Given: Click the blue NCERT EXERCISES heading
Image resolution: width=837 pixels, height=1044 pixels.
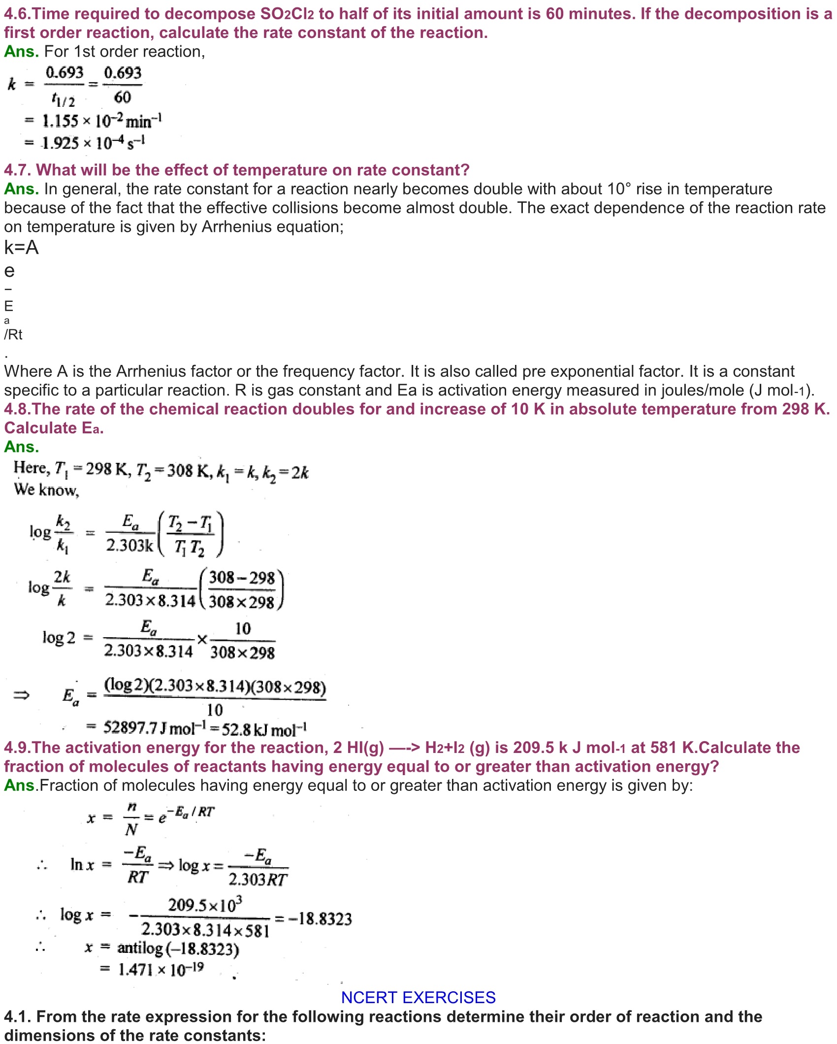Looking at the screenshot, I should click(x=418, y=997).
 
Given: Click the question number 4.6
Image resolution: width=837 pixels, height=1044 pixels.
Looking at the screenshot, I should click(x=17, y=14).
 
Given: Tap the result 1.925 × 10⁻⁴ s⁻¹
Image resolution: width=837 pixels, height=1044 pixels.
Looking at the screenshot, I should click(x=93, y=143).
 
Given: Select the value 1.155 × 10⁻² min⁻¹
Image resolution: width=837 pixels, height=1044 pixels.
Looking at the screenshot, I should click(x=101, y=120).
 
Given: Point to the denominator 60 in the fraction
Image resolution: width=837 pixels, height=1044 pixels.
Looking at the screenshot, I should click(x=122, y=97).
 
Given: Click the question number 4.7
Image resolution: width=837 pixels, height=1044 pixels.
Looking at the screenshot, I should click(x=17, y=170).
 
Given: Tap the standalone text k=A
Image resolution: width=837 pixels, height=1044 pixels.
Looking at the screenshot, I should click(x=21, y=247).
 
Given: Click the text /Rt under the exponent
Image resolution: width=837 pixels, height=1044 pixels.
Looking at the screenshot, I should click(x=13, y=334).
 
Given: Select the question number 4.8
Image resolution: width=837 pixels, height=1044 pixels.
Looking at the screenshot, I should click(x=17, y=409).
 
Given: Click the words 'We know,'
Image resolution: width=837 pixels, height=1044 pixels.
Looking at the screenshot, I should click(x=46, y=489).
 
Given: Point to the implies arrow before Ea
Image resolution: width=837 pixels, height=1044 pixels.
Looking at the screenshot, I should click(x=21, y=695).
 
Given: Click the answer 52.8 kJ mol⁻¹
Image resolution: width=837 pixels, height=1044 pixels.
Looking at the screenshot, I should click(x=264, y=729).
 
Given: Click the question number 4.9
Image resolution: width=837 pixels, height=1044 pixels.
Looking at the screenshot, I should click(x=17, y=748).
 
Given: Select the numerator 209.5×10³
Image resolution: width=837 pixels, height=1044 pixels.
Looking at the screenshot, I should click(x=205, y=905).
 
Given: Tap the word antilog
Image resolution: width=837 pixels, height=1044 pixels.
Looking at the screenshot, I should click(x=140, y=948).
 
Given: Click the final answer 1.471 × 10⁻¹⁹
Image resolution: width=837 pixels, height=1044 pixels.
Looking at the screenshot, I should click(x=161, y=969).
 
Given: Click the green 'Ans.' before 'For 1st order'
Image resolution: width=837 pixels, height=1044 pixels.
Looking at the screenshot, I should click(x=21, y=51).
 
